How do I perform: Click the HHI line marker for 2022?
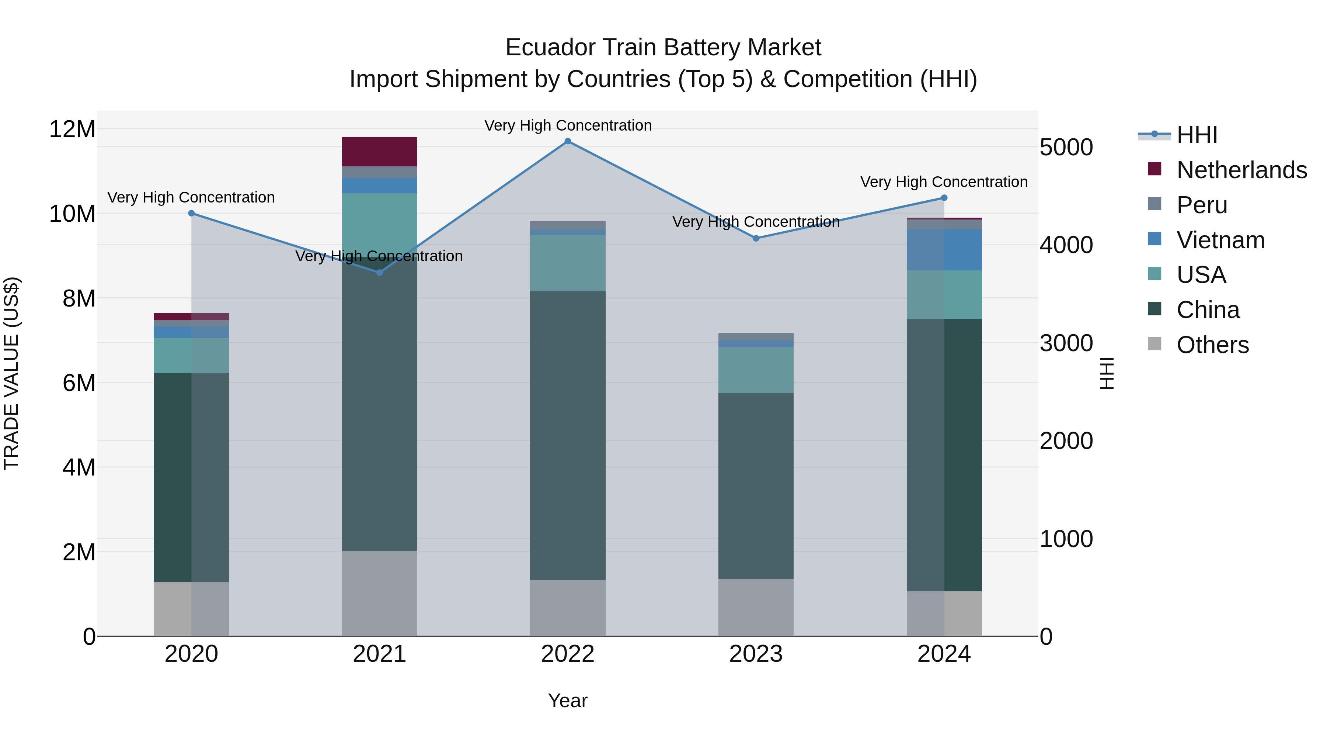[x=568, y=141]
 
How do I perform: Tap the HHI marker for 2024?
[x=944, y=198]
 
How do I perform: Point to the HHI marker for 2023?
[x=756, y=239]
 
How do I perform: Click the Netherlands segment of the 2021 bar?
[x=379, y=152]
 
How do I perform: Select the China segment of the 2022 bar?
[x=568, y=436]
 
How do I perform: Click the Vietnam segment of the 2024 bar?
[x=944, y=250]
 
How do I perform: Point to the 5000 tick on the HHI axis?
[x=1066, y=148]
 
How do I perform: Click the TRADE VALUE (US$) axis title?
[x=12, y=373]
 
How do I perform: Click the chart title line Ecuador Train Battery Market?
[x=663, y=48]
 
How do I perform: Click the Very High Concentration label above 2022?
[x=568, y=126]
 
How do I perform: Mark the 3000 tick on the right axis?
[x=1066, y=344]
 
